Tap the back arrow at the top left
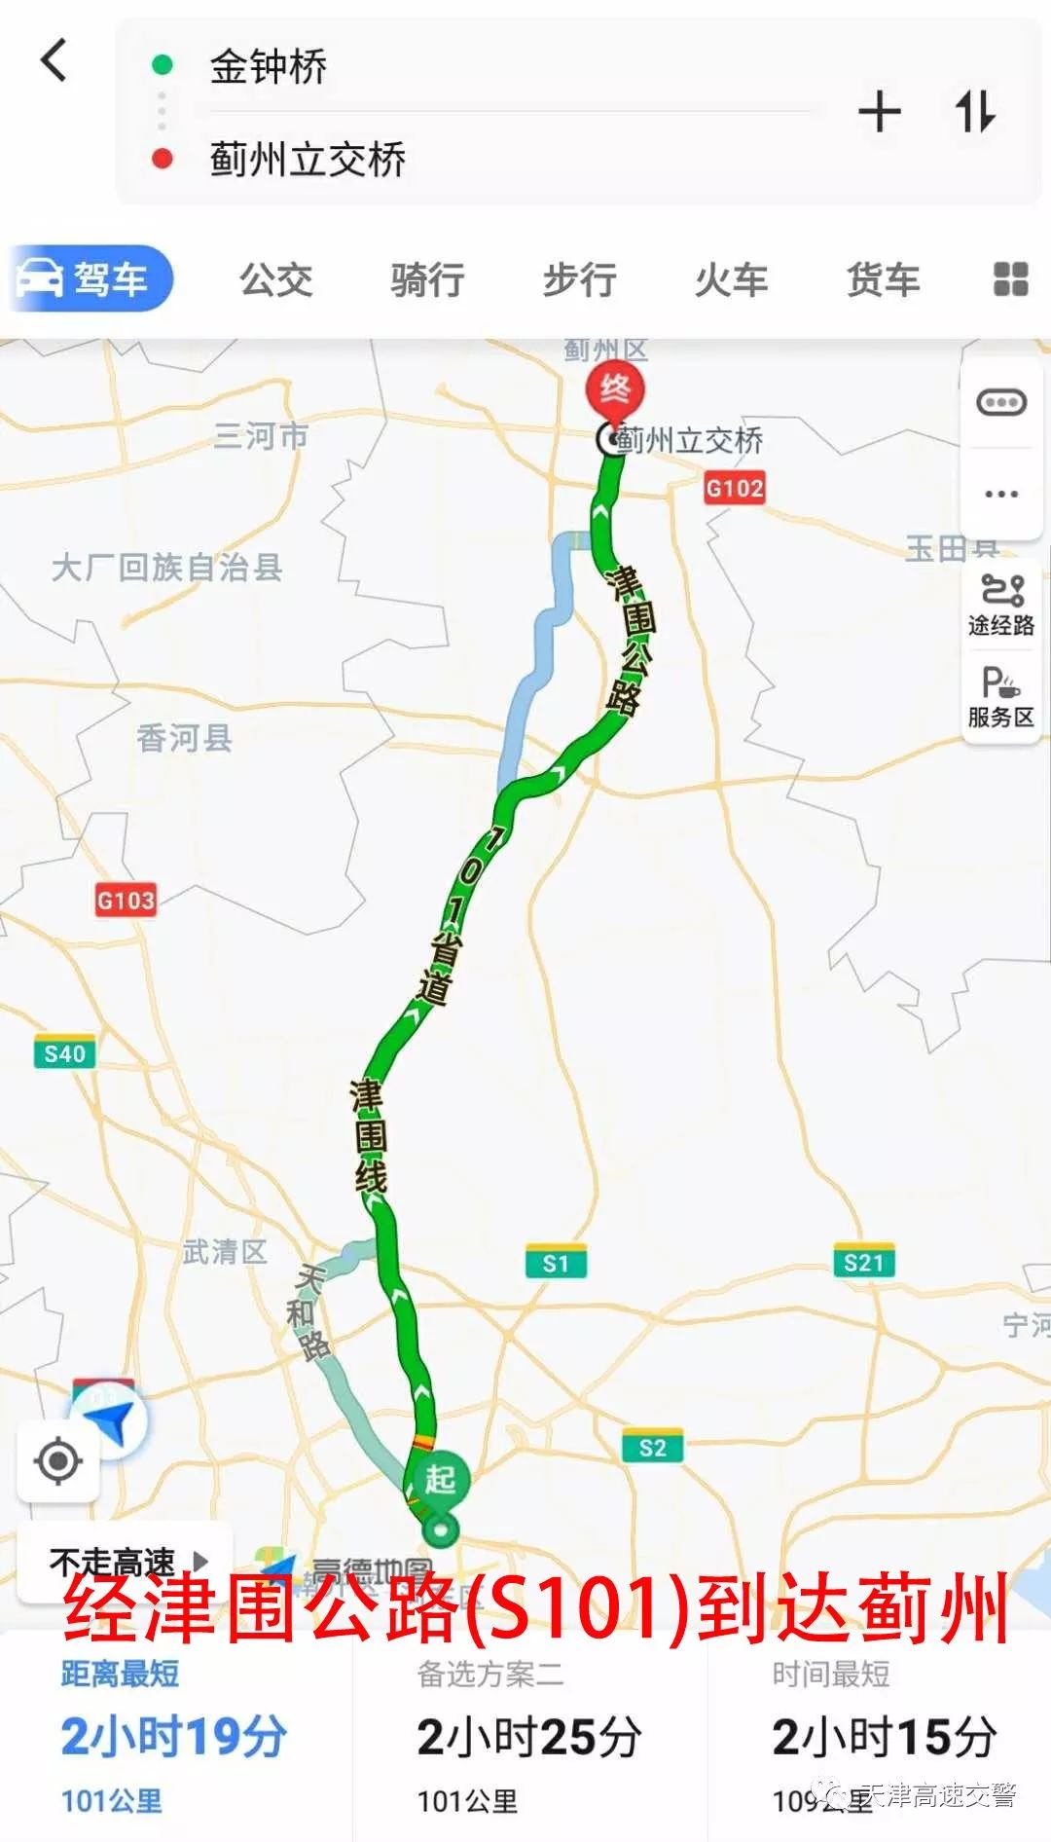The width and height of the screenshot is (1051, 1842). click(x=54, y=60)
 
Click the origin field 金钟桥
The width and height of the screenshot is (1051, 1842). click(x=269, y=67)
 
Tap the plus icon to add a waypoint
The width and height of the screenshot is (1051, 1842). click(x=879, y=112)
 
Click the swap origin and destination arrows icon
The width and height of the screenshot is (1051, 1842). click(x=974, y=112)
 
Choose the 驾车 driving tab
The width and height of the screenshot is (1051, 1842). click(x=91, y=279)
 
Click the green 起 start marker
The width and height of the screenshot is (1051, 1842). click(x=441, y=1480)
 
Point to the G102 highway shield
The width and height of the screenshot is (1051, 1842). click(x=735, y=488)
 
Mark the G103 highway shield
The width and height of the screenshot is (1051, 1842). click(x=126, y=901)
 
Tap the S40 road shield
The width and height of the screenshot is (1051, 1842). click(x=65, y=1053)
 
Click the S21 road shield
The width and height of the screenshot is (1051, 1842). click(x=864, y=1263)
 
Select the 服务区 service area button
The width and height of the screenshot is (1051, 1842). click(x=1000, y=696)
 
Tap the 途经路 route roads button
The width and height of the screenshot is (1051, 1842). click(x=1000, y=604)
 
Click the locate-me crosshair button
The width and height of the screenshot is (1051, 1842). click(x=58, y=1460)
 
